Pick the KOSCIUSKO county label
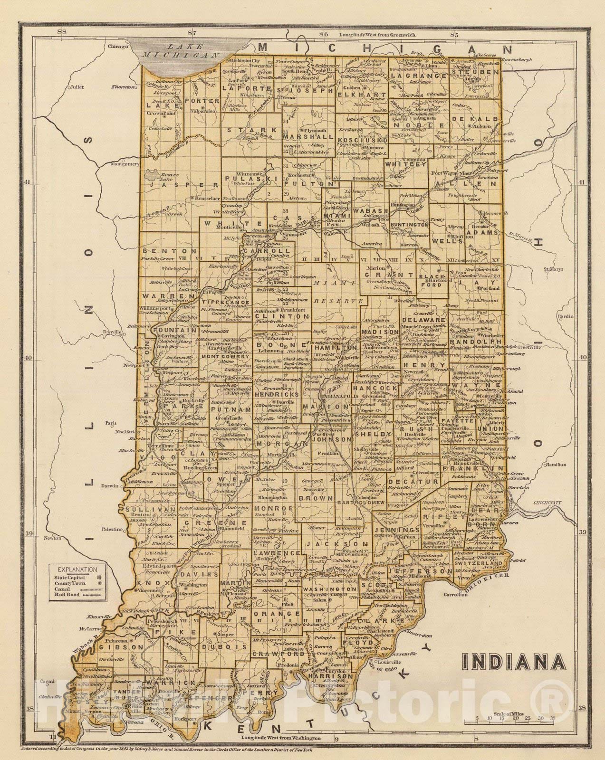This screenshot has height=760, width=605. [362, 140]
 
